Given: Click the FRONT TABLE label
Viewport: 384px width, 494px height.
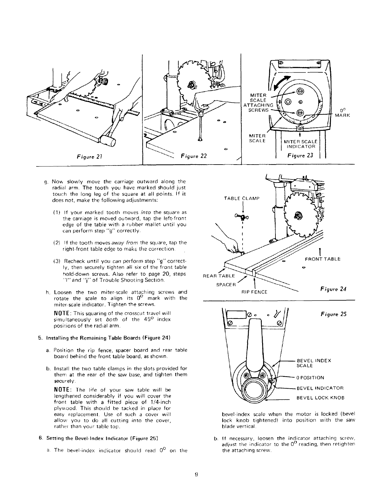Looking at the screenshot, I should [x=323, y=259].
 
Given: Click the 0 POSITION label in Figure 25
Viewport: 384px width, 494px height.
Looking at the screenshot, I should [x=310, y=377].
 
